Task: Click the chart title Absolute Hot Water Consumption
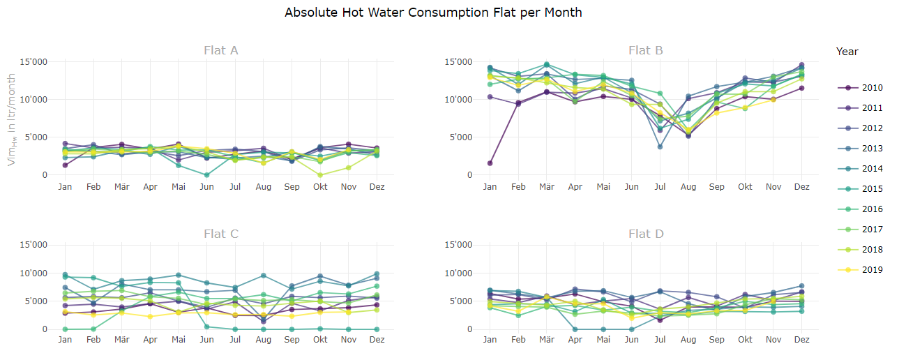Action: tap(433, 13)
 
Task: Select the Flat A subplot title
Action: tap(221, 50)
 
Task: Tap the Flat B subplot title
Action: tap(645, 50)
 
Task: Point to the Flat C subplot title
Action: tap(221, 234)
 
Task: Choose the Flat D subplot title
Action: tap(645, 234)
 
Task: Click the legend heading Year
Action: tap(847, 52)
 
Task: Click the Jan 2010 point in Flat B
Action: tap(490, 163)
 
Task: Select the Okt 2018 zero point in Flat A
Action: tap(320, 175)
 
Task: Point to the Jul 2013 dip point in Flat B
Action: tap(660, 147)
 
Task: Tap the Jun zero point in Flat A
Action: tap(207, 175)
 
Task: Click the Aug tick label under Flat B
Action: tap(688, 187)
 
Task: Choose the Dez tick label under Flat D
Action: tap(802, 340)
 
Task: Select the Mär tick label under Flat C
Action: tap(122, 340)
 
